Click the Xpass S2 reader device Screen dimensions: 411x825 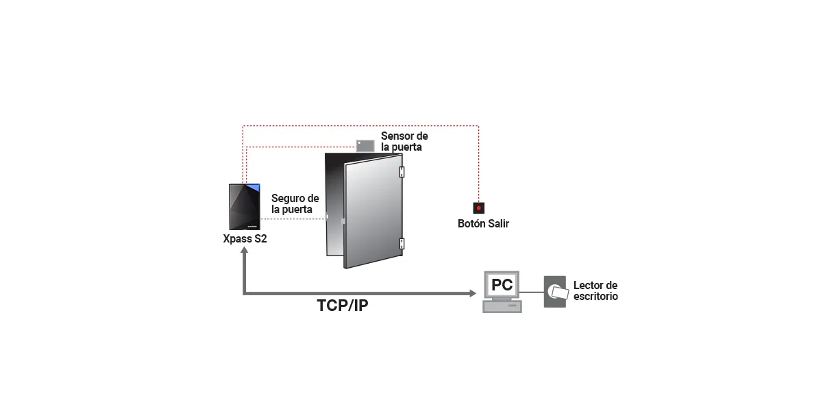tap(245, 208)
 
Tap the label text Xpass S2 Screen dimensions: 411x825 tap(245, 240)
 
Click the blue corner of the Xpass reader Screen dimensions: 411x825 tap(254, 187)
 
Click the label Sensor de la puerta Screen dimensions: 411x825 tap(404, 142)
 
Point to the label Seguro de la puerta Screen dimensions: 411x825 tap(295, 203)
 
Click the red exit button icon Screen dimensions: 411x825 tap(479, 207)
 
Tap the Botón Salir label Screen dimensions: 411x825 tap(483, 224)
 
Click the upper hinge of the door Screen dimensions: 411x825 tap(402, 171)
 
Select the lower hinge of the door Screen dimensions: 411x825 tap(402, 242)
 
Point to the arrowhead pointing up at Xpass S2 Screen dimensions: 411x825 tap(244, 253)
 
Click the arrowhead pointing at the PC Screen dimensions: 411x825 tap(472, 294)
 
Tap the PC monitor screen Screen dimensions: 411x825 tap(502, 284)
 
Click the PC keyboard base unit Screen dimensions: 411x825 tap(502, 307)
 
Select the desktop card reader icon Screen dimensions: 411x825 tap(555, 292)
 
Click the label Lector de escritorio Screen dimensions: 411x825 tap(595, 291)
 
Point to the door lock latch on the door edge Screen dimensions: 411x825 tap(327, 219)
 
